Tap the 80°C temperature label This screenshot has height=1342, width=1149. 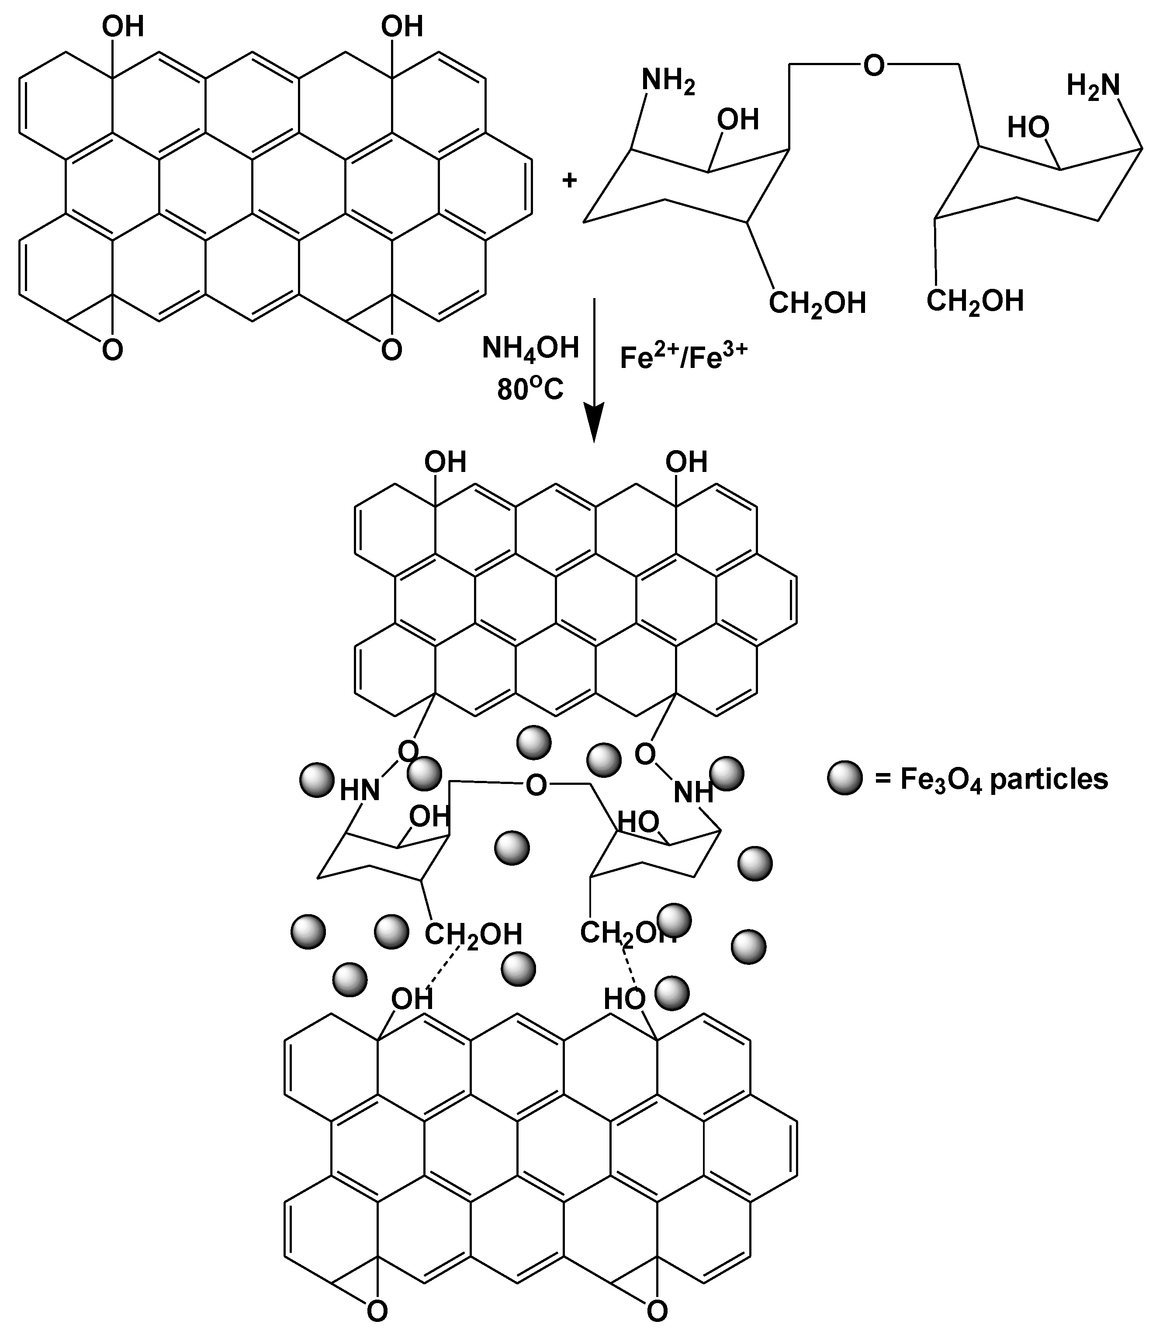click(x=530, y=389)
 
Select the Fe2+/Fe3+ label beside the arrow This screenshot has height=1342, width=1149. click(x=683, y=356)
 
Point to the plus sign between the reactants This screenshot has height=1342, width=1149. click(x=569, y=180)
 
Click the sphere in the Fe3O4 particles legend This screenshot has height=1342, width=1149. click(x=844, y=778)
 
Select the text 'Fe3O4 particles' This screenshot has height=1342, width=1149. click(x=1004, y=779)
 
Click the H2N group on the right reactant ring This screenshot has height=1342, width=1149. click(x=1093, y=84)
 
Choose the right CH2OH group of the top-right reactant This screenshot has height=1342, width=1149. click(x=975, y=301)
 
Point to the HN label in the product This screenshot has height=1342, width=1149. click(x=360, y=790)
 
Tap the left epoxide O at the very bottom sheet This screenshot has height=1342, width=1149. click(x=377, y=1325)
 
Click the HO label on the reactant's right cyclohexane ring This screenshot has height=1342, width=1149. click(x=1028, y=128)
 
